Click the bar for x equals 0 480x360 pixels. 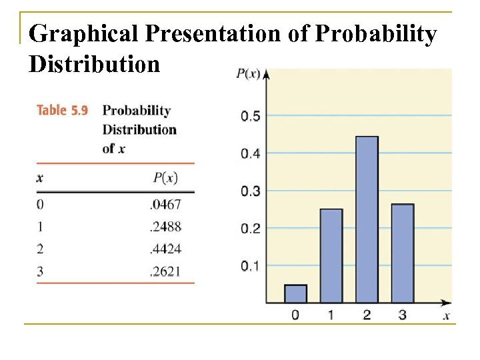(295, 294)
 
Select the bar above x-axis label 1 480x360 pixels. (331, 256)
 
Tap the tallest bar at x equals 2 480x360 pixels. (367, 220)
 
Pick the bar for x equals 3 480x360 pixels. (402, 253)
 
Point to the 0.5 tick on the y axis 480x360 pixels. (250, 117)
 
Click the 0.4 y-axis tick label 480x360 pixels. (250, 154)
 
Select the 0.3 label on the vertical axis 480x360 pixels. (250, 191)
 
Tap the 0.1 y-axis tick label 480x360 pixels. (250, 266)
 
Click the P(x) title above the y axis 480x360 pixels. (248, 74)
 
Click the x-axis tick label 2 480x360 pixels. (367, 315)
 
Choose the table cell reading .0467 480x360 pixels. (166, 205)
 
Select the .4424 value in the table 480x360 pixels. (166, 249)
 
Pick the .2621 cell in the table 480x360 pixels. (166, 271)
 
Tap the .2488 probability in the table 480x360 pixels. (166, 227)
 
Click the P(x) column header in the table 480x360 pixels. (165, 177)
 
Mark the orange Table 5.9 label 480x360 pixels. (63, 110)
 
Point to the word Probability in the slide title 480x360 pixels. (375, 34)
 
